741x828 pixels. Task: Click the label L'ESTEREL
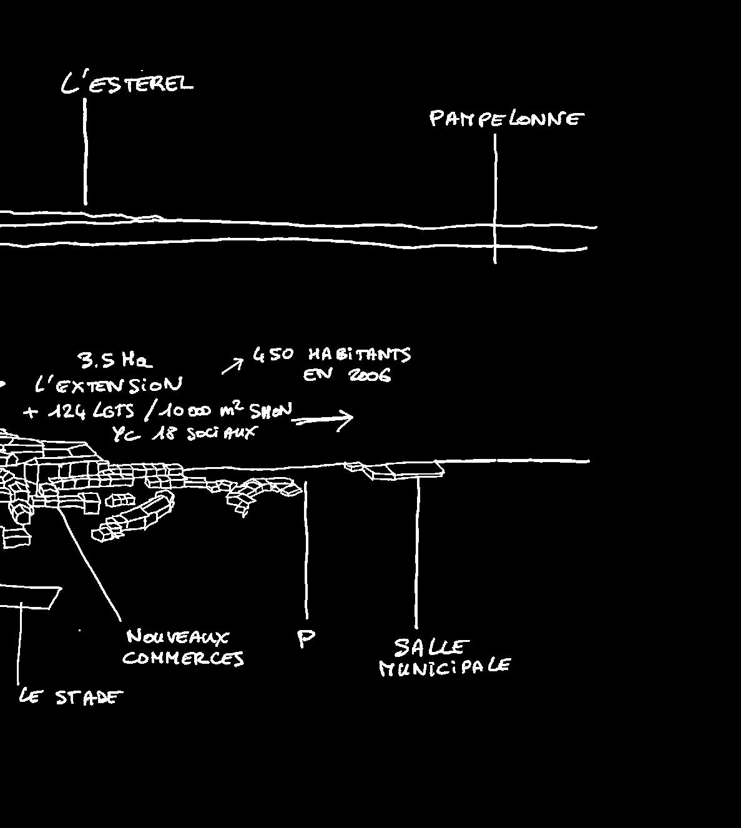click(127, 83)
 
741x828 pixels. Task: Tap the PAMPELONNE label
click(506, 118)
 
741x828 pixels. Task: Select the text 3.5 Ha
click(115, 360)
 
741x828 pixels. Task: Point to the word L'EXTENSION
click(109, 384)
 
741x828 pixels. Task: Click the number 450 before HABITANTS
click(273, 355)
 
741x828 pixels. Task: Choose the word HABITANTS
click(360, 355)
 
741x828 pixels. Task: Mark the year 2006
click(370, 375)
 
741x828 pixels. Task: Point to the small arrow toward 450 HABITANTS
click(232, 366)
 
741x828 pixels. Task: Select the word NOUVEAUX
click(178, 637)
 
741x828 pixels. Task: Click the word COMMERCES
click(183, 658)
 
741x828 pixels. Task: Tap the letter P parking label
click(306, 638)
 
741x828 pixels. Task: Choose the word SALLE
click(431, 647)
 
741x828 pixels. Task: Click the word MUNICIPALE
click(445, 668)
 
